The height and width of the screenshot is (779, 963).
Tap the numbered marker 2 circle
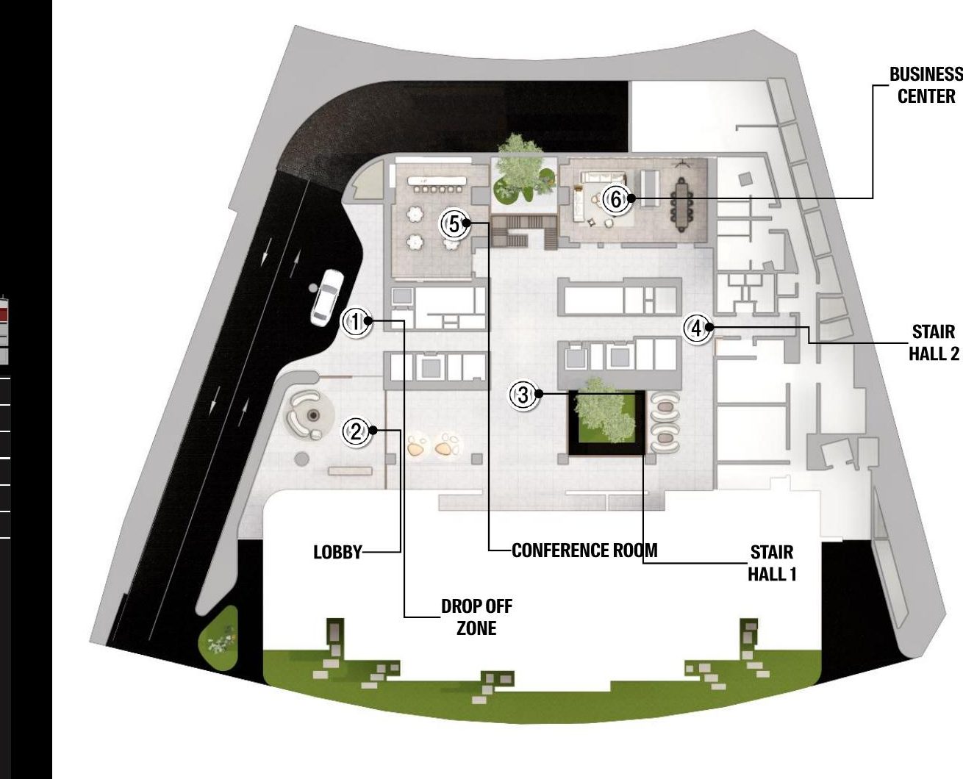[357, 432]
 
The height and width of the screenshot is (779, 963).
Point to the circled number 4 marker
[697, 329]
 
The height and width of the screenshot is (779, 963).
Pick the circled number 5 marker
[454, 223]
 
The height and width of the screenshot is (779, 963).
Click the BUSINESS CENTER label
[926, 85]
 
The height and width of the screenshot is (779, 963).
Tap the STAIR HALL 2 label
[934, 342]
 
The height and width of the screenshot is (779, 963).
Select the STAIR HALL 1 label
[772, 563]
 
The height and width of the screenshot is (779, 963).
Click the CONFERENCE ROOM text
[584, 550]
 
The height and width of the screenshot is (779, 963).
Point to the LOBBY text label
[337, 552]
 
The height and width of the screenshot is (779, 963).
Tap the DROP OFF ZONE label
[476, 617]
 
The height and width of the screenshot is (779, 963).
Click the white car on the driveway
[326, 298]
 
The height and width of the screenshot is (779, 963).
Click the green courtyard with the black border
[606, 423]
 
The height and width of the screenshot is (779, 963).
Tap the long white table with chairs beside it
[437, 181]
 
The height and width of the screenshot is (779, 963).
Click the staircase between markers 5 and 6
[523, 231]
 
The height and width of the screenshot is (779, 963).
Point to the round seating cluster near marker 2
[307, 414]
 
